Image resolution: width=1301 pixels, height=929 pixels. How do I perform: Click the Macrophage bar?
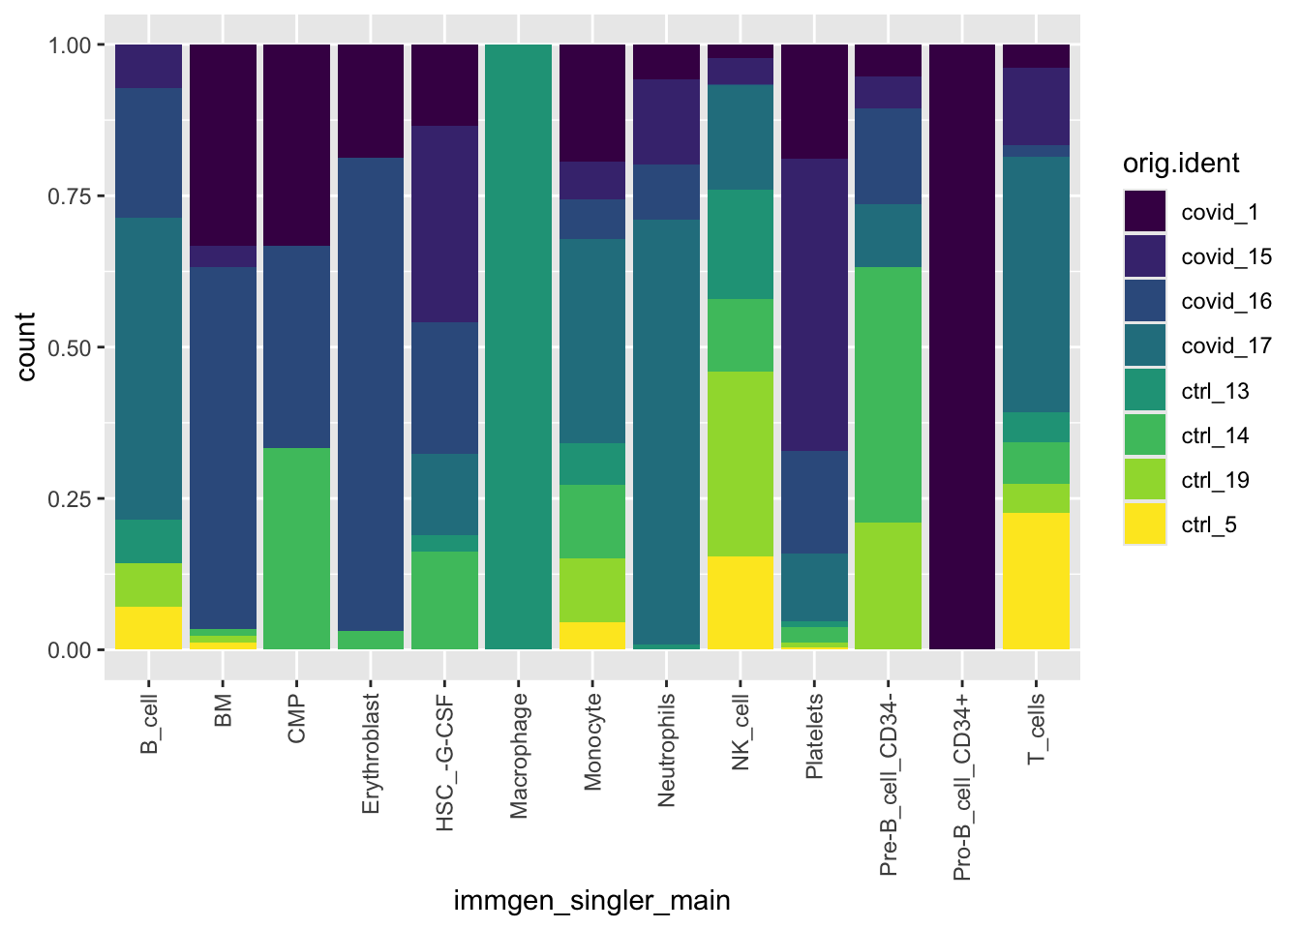pyautogui.click(x=518, y=346)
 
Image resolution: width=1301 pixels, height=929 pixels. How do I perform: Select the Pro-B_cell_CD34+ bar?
pyautogui.click(x=961, y=346)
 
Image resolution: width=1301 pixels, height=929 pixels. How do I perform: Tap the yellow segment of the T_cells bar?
pyautogui.click(x=1036, y=581)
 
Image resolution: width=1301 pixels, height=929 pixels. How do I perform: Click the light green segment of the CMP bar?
pyautogui.click(x=296, y=548)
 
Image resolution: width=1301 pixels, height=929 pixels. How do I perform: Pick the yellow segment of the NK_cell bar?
pyautogui.click(x=741, y=602)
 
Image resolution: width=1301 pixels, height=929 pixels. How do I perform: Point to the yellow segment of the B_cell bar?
pyautogui.click(x=149, y=627)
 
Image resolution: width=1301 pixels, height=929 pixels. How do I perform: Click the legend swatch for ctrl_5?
pyautogui.click(x=1145, y=524)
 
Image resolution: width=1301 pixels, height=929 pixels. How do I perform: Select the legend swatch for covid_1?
pyautogui.click(x=1145, y=212)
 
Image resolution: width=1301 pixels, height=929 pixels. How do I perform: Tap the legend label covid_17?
pyautogui.click(x=1226, y=346)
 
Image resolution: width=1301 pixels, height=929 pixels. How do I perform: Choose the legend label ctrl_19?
pyautogui.click(x=1216, y=481)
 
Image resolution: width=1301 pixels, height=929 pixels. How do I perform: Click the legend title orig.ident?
pyautogui.click(x=1181, y=164)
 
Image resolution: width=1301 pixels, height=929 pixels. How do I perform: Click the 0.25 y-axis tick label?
pyautogui.click(x=70, y=499)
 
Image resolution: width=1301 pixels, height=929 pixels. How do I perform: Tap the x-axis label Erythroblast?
pyautogui.click(x=371, y=754)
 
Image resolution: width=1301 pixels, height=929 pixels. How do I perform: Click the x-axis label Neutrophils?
pyautogui.click(x=666, y=750)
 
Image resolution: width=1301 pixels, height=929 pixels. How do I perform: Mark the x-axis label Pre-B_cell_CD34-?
pyautogui.click(x=888, y=784)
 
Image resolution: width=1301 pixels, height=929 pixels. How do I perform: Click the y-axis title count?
pyautogui.click(x=26, y=346)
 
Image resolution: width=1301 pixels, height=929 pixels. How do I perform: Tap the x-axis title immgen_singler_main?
pyautogui.click(x=591, y=902)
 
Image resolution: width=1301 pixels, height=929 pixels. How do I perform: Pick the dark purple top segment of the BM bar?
pyautogui.click(x=223, y=145)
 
